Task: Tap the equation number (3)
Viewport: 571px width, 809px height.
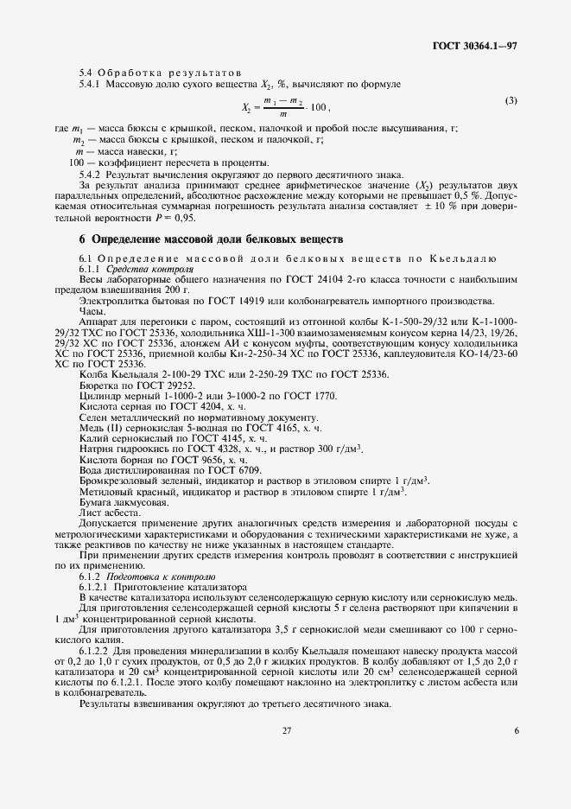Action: coord(511,101)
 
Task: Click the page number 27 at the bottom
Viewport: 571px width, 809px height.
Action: coord(286,778)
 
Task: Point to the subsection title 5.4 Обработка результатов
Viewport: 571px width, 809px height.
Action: coord(159,71)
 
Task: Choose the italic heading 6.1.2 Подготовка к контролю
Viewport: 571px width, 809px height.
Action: coord(142,575)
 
